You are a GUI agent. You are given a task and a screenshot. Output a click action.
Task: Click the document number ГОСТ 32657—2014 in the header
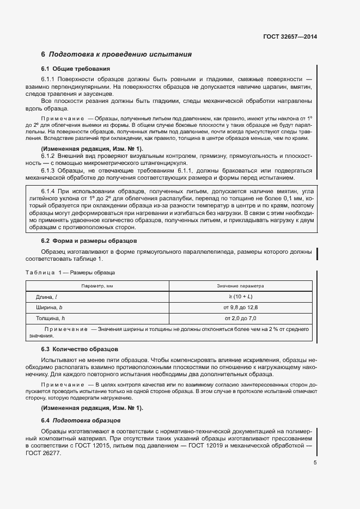coord(290,37)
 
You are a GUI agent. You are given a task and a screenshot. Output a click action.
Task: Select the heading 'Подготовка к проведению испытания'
coord(120,54)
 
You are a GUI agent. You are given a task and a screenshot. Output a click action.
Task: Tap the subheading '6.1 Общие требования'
coord(76,69)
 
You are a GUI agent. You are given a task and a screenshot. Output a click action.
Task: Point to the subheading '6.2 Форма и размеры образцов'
coord(89,241)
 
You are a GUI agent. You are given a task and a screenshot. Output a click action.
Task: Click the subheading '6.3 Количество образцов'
coord(80,349)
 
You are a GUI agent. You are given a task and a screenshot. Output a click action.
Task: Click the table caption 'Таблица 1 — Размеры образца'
coord(70,272)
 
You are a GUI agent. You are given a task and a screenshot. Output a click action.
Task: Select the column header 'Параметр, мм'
coord(97,285)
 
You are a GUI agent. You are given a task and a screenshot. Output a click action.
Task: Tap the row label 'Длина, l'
coord(47,297)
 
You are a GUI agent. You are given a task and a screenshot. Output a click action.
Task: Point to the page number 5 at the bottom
coord(315,463)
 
